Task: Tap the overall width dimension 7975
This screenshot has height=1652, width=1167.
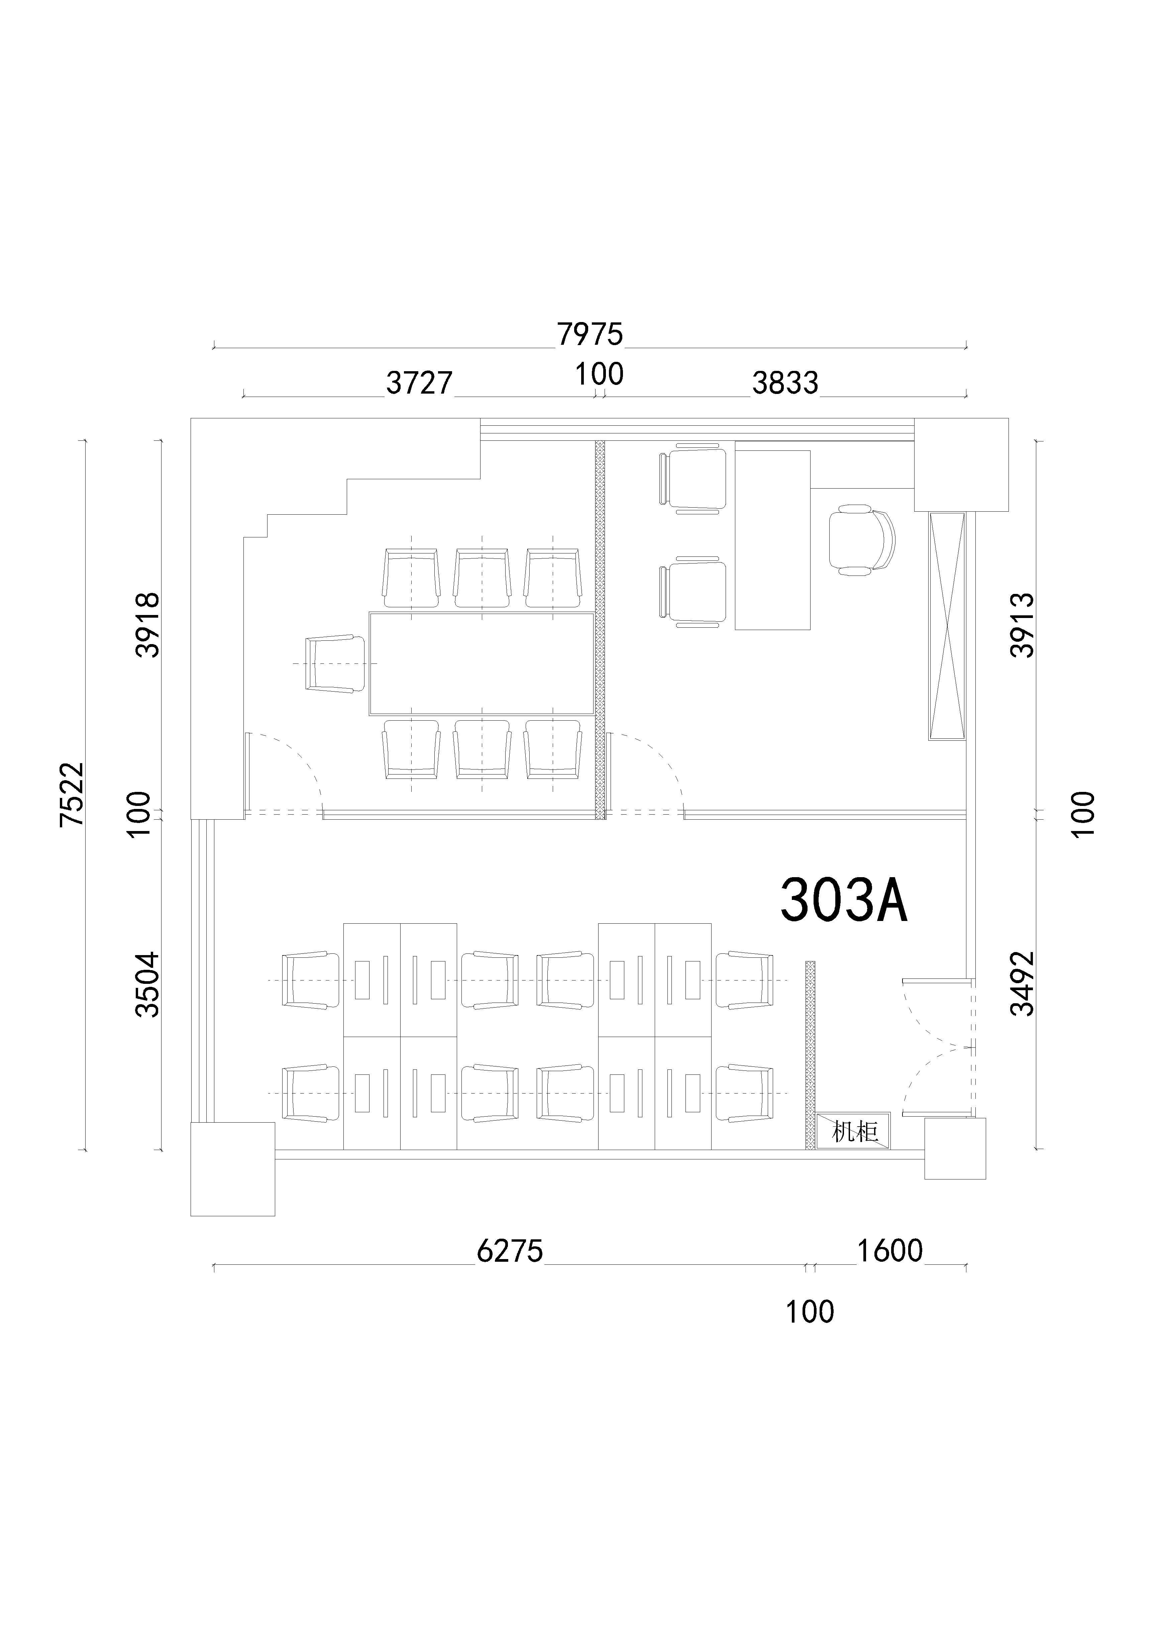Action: coord(590,334)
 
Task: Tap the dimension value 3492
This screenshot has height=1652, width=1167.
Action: coord(1023,984)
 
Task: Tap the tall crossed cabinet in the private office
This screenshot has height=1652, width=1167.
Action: coord(947,626)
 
